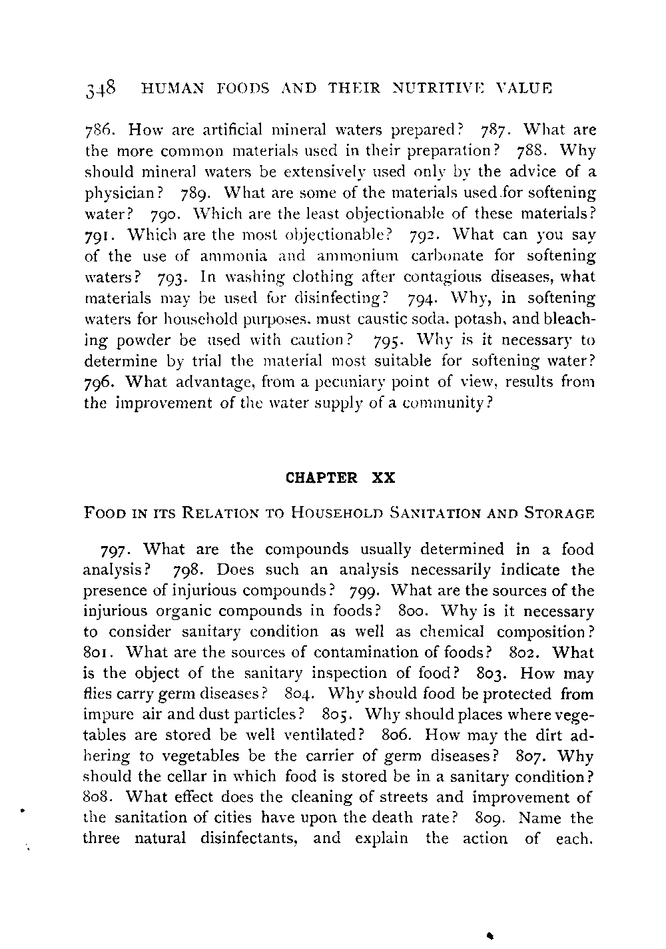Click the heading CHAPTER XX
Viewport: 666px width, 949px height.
coord(340,477)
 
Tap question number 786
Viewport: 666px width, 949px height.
coord(98,130)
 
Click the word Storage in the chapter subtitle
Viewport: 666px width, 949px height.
coord(559,513)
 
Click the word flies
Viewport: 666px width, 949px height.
coord(97,694)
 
